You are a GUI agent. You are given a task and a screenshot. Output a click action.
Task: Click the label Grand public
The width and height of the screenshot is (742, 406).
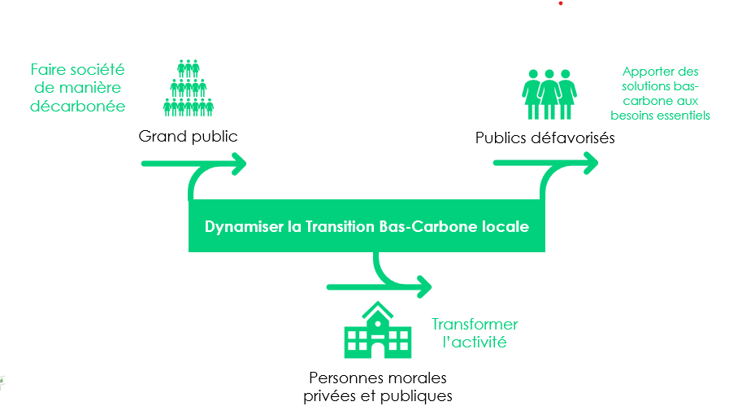point(188,136)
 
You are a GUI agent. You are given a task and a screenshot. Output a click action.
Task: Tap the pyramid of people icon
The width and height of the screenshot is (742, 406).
point(189,88)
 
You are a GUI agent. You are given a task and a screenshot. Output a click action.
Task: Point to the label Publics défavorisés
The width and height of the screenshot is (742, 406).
point(545,138)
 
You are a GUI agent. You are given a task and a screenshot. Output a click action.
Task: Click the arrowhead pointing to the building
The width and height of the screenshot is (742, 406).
point(423,286)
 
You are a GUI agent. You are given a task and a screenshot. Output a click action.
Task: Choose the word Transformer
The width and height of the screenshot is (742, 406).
point(475,325)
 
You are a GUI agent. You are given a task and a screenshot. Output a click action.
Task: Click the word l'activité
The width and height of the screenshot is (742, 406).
point(475,343)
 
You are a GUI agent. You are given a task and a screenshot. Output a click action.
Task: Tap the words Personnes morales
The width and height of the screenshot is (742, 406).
point(378,378)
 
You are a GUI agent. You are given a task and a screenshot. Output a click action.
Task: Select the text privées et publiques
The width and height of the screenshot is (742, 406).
point(378,396)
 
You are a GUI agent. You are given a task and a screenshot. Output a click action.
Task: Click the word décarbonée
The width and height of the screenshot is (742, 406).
point(77,106)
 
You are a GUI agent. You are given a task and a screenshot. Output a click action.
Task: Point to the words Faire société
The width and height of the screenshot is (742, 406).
point(77,70)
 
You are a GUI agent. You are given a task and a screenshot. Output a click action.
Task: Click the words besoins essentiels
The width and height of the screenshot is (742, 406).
point(661,116)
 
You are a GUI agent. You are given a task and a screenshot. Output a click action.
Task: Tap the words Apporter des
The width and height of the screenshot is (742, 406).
point(661,72)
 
